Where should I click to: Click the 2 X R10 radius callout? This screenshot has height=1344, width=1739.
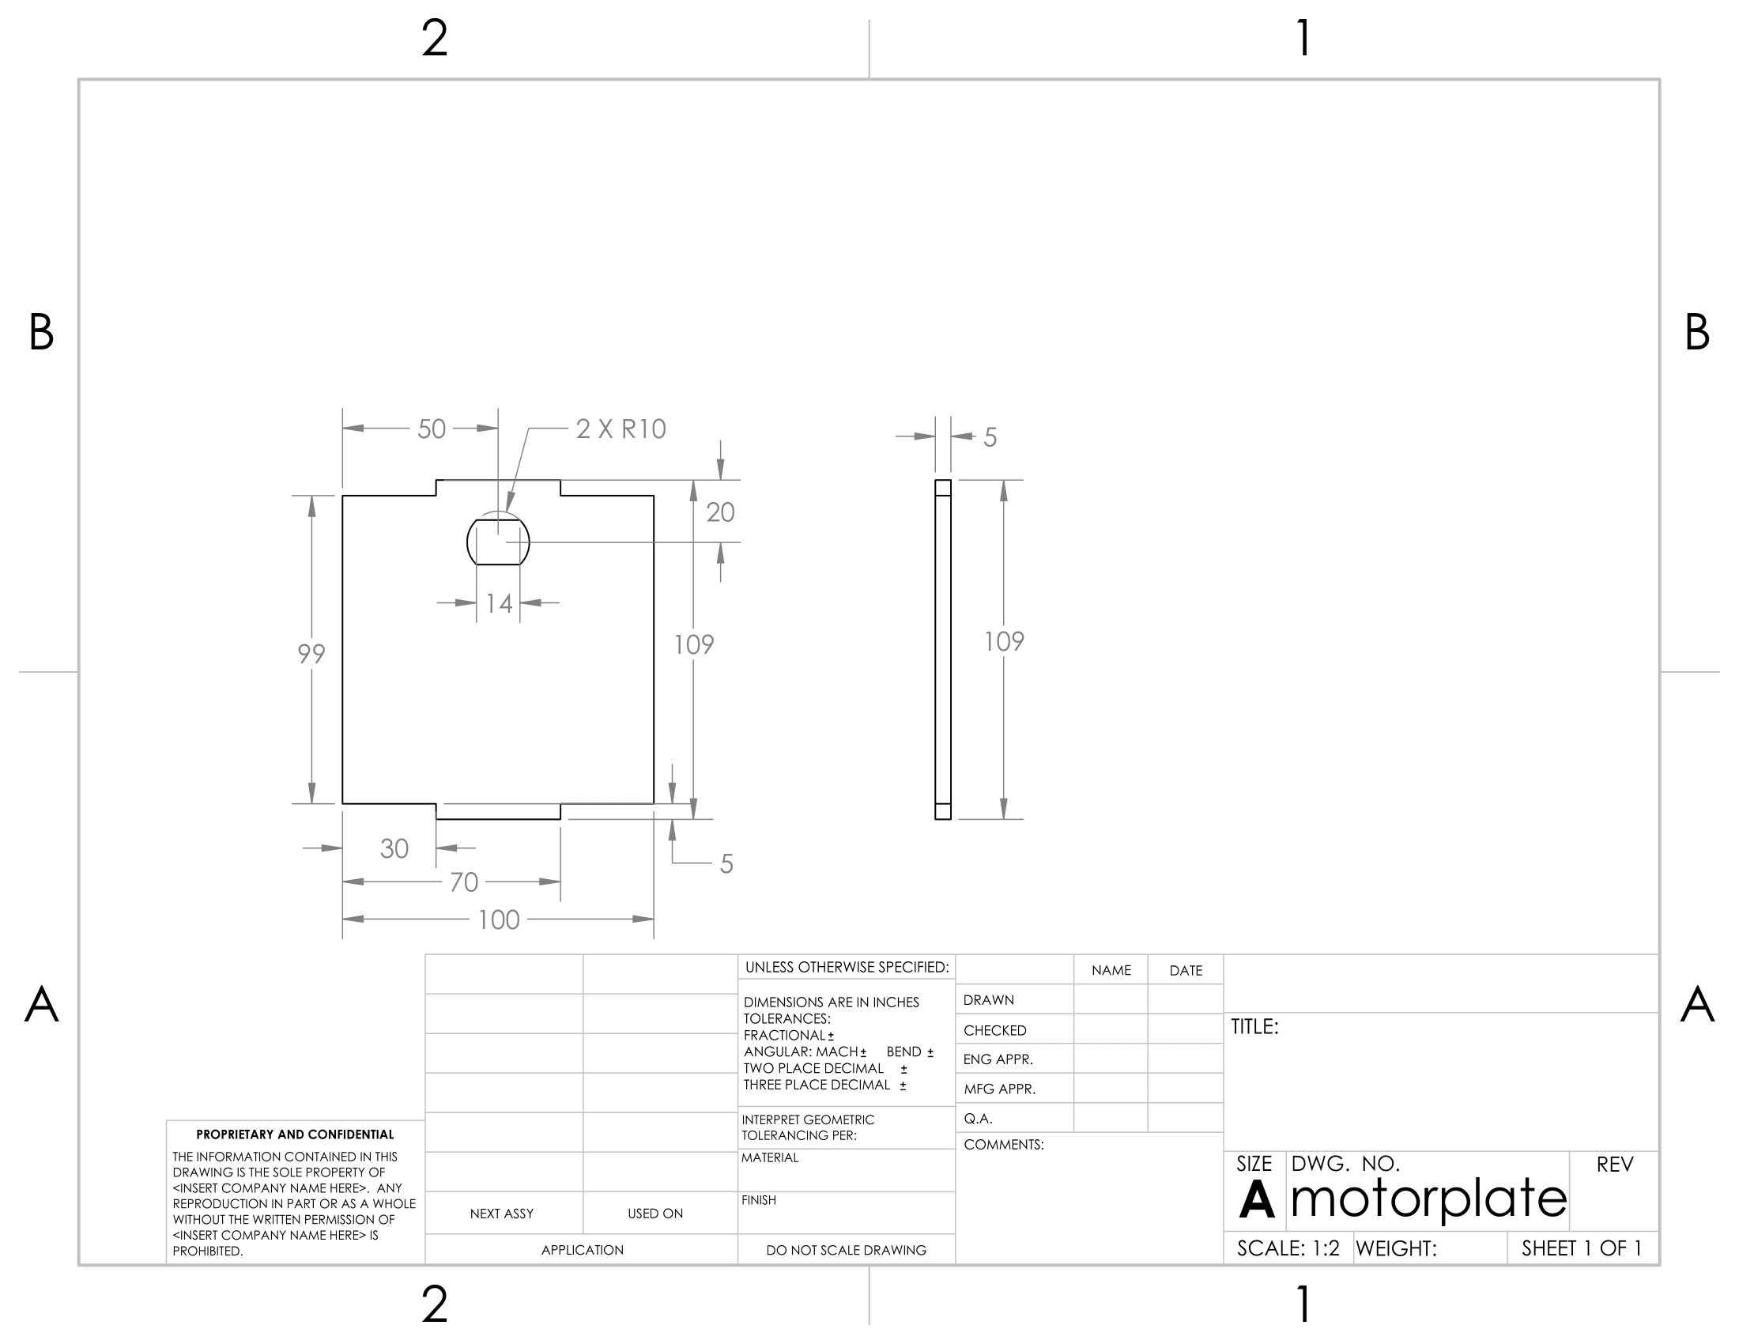(x=621, y=429)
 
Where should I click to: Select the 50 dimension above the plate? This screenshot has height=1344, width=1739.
(x=432, y=429)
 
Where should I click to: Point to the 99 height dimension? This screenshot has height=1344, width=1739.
(x=311, y=654)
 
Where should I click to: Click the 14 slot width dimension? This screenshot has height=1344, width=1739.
(x=500, y=603)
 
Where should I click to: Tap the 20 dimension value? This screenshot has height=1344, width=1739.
(x=720, y=512)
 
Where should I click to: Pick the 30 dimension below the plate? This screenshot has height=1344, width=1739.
(x=394, y=849)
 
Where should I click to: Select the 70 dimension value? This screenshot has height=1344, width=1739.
(x=463, y=882)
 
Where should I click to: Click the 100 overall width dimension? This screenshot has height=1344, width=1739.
(x=499, y=919)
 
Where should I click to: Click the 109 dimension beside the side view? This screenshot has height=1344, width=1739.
(x=1004, y=642)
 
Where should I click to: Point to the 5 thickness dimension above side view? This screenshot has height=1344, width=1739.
(x=990, y=437)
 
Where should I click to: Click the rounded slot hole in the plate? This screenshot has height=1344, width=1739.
(x=498, y=542)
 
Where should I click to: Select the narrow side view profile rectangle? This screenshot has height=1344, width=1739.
(x=943, y=649)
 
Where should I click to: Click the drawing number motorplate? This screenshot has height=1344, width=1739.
(x=1428, y=1199)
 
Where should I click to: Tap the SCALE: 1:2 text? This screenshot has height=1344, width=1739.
(x=1288, y=1248)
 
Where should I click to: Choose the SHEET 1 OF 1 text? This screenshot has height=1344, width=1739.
(x=1582, y=1248)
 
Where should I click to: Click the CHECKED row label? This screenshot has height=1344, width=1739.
(x=994, y=1030)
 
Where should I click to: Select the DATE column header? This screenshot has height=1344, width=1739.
(x=1186, y=971)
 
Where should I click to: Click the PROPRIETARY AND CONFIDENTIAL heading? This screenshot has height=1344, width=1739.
(x=295, y=1134)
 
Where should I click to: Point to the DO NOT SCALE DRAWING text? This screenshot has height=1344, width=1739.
(x=846, y=1250)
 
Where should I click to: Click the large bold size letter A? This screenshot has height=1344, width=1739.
(x=1256, y=1200)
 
